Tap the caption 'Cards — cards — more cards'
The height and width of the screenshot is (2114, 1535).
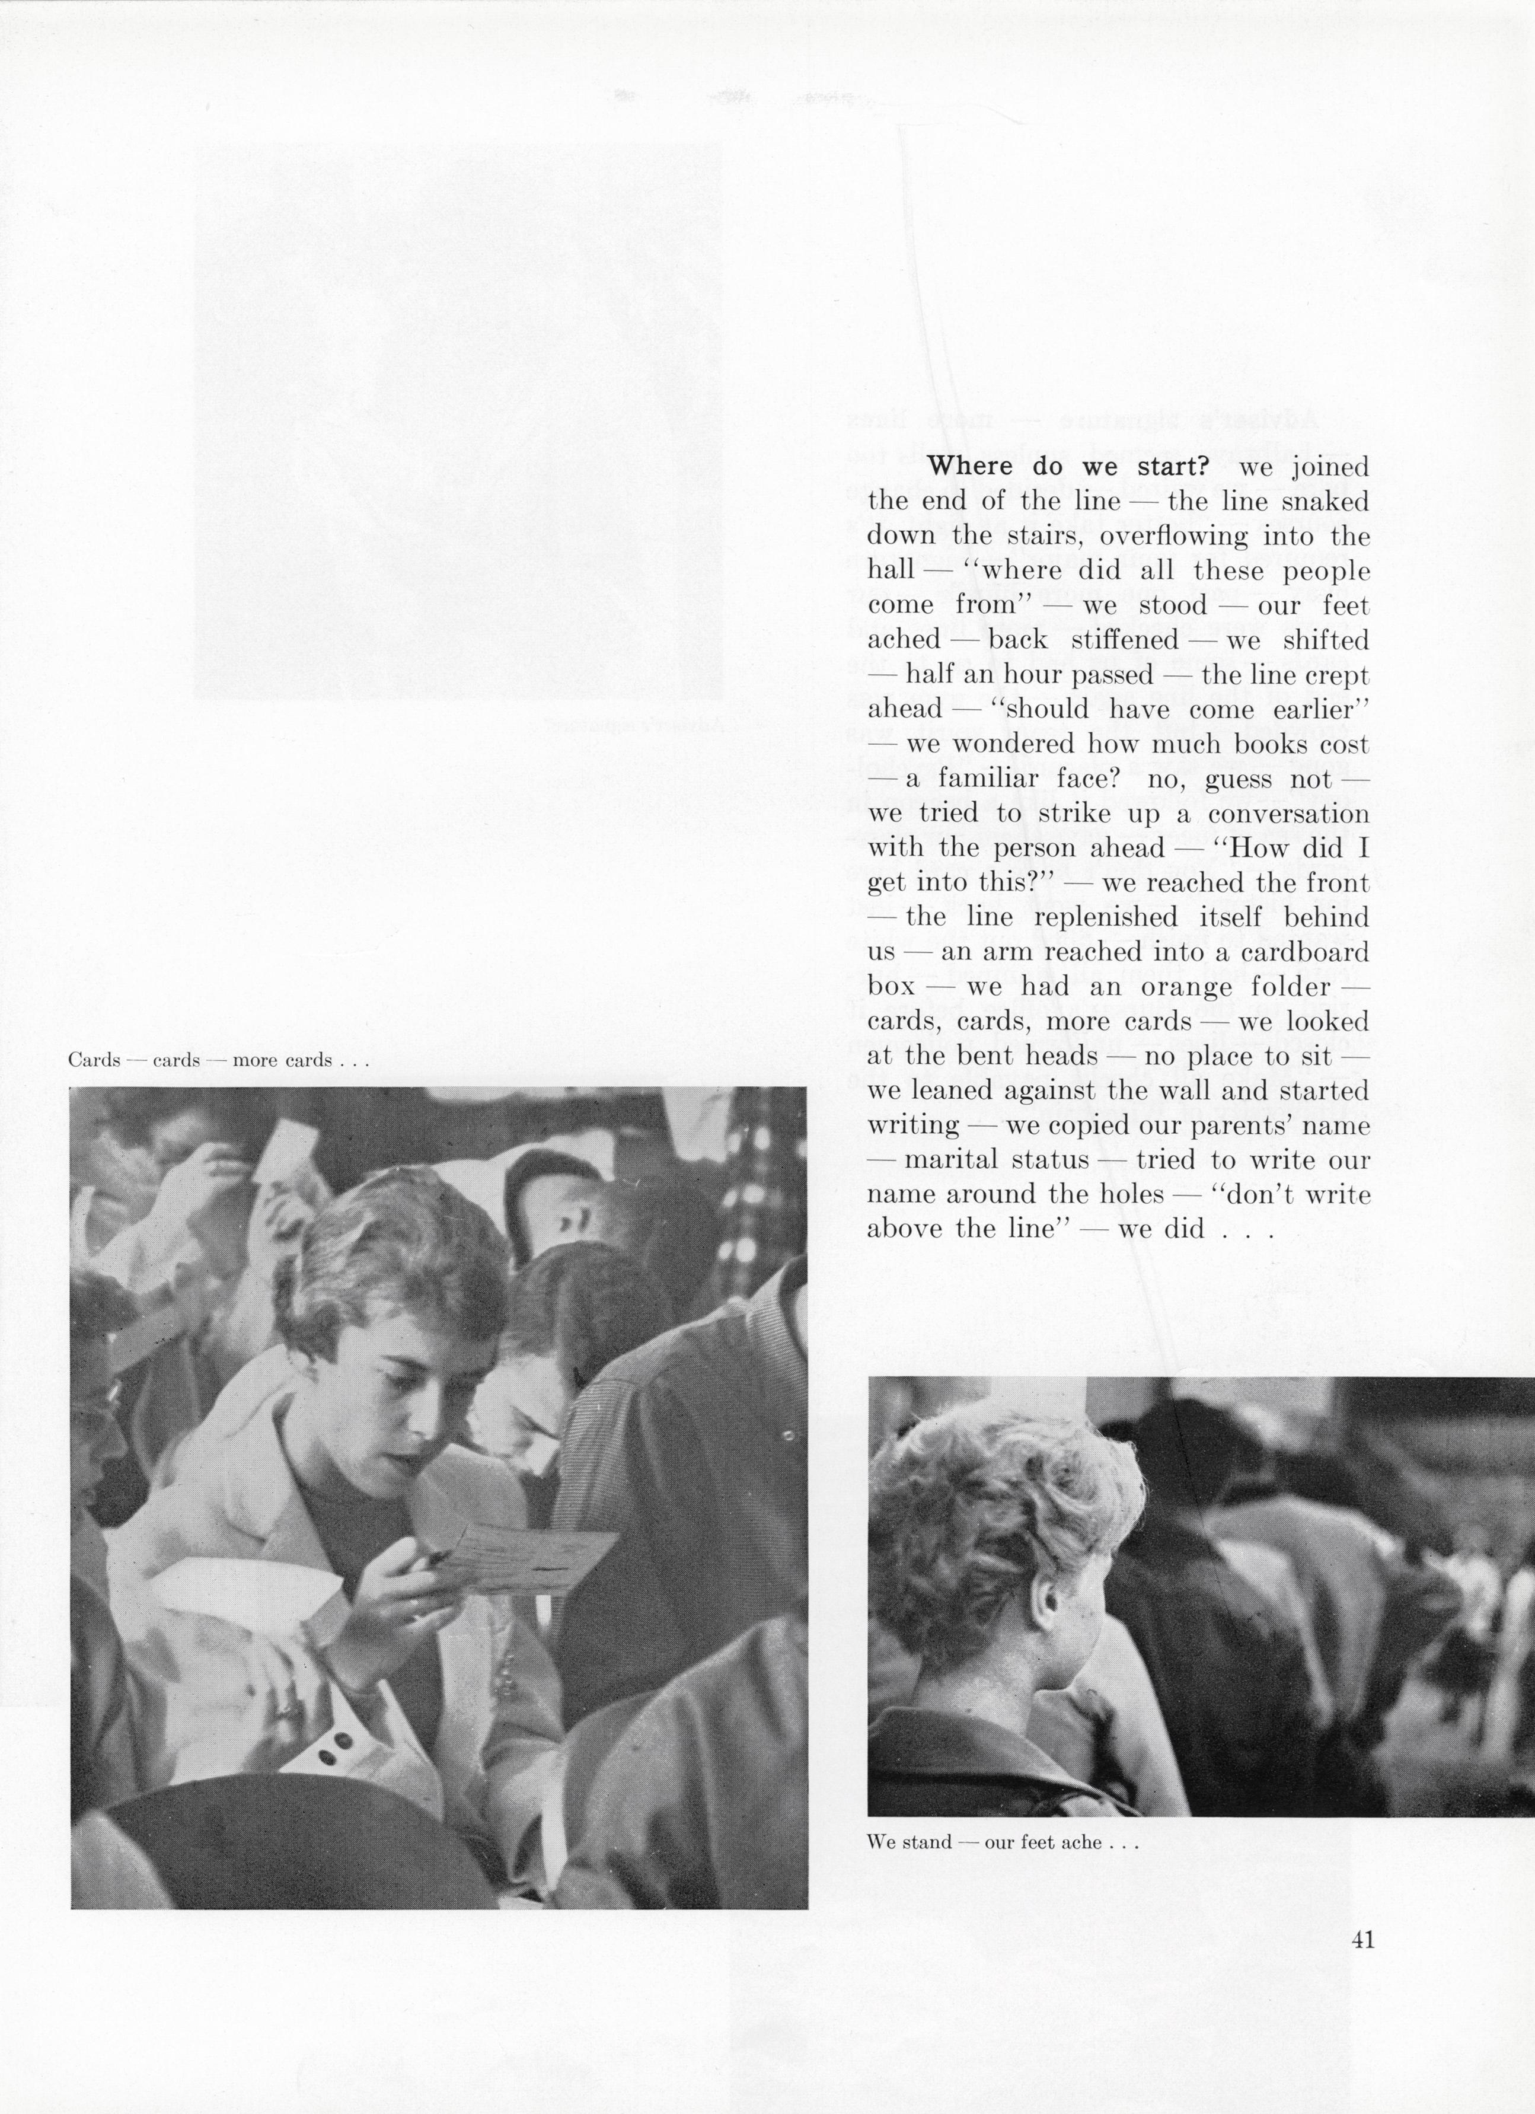pos(219,1060)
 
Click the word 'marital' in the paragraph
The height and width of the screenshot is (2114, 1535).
pos(945,1160)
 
